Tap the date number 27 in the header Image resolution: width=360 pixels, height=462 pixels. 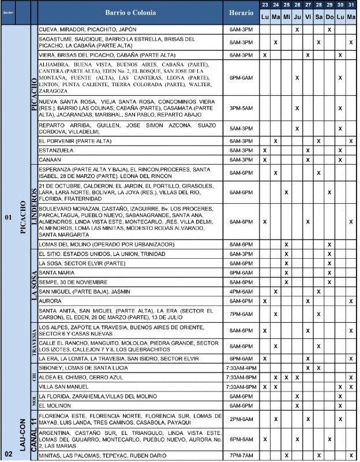(308, 5)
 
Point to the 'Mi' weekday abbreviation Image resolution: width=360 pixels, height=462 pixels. (287, 17)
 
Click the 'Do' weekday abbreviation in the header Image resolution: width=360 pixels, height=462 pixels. (329, 17)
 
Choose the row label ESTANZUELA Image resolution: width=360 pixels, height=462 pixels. (56, 150)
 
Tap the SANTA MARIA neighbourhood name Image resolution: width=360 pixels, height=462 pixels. (55, 273)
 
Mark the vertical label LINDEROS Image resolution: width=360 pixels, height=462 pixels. (33, 206)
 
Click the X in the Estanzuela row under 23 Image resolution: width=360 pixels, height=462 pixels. (265, 150)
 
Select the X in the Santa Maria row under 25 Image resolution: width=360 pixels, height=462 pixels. (287, 273)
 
